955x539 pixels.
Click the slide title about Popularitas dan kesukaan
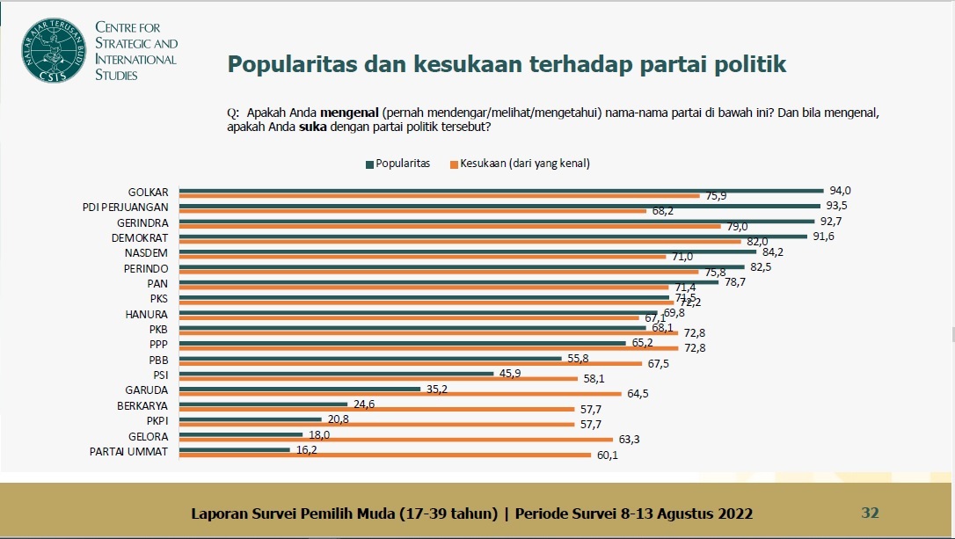click(x=507, y=64)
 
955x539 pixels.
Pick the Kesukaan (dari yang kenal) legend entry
click(x=519, y=164)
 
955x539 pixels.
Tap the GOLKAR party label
click(x=148, y=192)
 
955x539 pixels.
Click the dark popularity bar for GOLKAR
click(x=501, y=190)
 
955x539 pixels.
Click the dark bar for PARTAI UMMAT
click(x=235, y=449)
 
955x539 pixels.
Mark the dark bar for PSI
click(x=337, y=374)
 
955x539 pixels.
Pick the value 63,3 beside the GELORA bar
click(x=627, y=440)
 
